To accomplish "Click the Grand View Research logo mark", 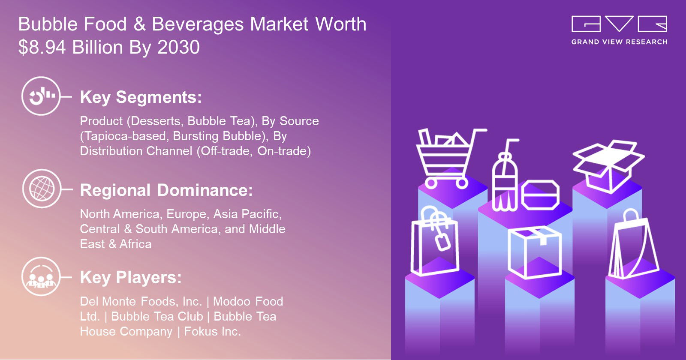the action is tap(619, 24).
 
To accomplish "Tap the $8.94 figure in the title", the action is tap(42, 47).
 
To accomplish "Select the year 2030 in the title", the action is tap(178, 47).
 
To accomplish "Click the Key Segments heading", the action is tap(141, 98).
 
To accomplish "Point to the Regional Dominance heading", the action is tap(167, 190).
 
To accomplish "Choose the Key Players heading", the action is tap(131, 278).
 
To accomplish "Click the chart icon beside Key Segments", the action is tap(41, 96).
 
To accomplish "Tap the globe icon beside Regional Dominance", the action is tap(42, 189).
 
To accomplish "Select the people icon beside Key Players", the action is tap(41, 276).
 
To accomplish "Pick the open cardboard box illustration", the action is tap(608, 166).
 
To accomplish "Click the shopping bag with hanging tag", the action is tap(435, 241).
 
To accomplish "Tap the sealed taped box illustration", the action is tap(534, 252).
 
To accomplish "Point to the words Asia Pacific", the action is tap(247, 214).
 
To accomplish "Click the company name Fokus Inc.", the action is tap(213, 332).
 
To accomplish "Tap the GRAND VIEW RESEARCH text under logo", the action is tap(619, 42).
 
